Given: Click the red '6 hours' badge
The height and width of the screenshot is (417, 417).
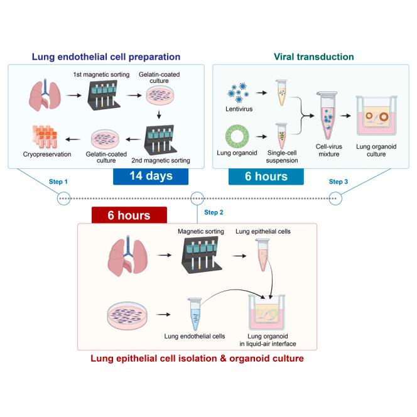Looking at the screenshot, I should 129,215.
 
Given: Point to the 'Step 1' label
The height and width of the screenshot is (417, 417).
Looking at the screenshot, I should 58,181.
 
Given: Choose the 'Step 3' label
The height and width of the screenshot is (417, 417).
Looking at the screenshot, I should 337,181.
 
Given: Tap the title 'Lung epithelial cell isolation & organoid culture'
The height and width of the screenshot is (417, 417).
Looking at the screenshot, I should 197,359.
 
